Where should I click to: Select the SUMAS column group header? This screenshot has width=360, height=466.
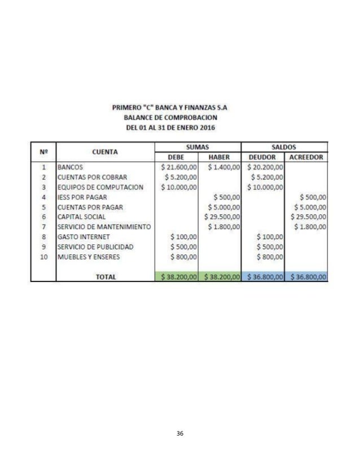[x=197, y=147]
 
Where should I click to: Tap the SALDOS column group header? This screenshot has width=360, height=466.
[x=285, y=147]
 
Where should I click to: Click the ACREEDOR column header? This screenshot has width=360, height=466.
[x=306, y=157]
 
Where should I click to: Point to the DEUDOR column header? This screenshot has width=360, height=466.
[x=263, y=157]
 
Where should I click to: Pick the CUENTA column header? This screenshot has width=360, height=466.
[x=105, y=152]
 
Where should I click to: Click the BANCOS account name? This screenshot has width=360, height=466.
[x=71, y=167]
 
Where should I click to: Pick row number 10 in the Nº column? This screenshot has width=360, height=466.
[x=43, y=257]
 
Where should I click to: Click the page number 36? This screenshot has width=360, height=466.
[x=180, y=433]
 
